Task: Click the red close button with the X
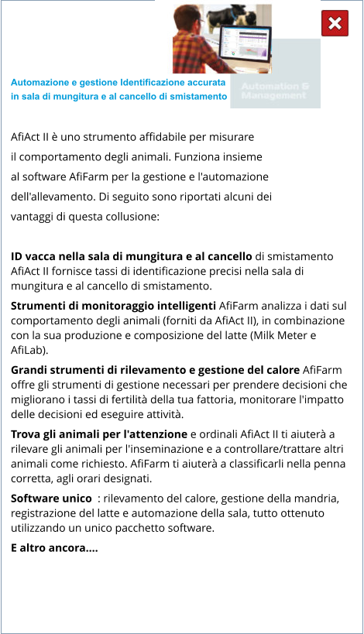pos(335,24)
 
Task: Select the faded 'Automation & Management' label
pos(274,91)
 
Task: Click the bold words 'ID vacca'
pos(36,256)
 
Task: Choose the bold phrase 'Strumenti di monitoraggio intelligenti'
pos(113,306)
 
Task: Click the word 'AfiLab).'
pos(32,350)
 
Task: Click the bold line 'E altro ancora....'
pos(54,548)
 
